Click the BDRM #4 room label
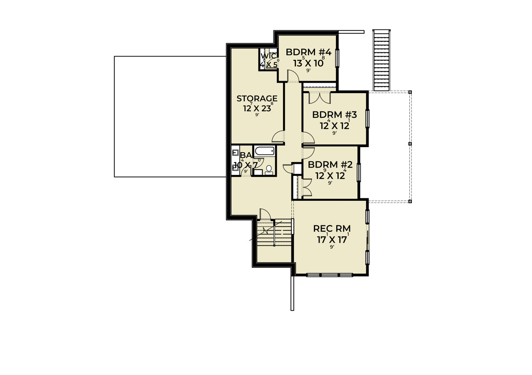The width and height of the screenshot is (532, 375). click(308, 53)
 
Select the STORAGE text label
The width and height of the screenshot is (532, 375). click(257, 99)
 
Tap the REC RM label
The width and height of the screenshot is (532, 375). click(332, 228)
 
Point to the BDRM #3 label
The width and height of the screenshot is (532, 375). click(335, 115)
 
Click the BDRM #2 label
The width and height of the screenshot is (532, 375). click(330, 165)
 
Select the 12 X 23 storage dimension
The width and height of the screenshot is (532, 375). click(257, 109)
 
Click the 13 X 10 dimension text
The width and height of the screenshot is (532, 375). click(308, 63)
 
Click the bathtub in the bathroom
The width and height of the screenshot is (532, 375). click(264, 150)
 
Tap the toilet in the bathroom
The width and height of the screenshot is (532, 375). click(269, 170)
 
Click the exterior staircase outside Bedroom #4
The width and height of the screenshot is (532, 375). click(382, 60)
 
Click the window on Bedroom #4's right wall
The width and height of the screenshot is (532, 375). click(337, 58)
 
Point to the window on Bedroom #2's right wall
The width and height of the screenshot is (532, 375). click(359, 173)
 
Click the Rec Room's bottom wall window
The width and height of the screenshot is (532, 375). click(330, 275)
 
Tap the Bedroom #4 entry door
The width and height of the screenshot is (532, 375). click(293, 76)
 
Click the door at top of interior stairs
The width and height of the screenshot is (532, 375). click(265, 214)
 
